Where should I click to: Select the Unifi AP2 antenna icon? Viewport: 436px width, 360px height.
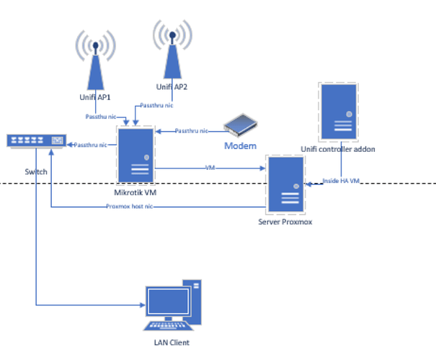click(x=172, y=52)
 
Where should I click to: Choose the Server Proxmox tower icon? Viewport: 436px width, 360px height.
click(x=285, y=184)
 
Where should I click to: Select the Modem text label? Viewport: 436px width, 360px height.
click(x=241, y=145)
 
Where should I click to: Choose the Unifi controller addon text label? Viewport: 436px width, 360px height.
click(x=337, y=148)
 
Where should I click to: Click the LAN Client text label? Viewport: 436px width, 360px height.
click(x=171, y=343)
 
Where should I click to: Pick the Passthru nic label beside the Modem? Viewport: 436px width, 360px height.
click(x=191, y=131)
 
